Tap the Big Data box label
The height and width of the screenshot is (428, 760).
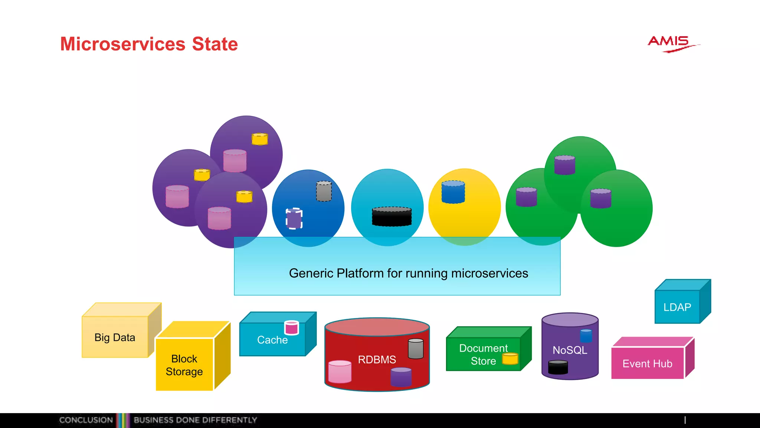click(x=115, y=337)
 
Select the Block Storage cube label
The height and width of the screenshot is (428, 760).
click(x=184, y=365)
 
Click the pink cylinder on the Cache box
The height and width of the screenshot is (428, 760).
click(x=291, y=328)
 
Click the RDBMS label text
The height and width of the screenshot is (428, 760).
click(x=377, y=360)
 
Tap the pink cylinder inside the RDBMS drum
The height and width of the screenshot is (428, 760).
click(x=340, y=372)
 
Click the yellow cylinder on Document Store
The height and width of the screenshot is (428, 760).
click(x=510, y=359)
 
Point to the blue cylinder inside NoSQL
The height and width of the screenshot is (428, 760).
click(x=586, y=336)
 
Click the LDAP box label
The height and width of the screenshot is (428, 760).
click(x=677, y=307)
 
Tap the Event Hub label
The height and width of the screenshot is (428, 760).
click(x=647, y=364)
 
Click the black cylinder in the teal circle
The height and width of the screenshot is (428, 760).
click(x=392, y=217)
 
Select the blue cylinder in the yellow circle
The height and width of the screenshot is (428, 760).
click(x=453, y=192)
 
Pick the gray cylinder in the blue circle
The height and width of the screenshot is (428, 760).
click(x=324, y=191)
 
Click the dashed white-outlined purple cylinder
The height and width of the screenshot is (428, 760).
click(x=294, y=218)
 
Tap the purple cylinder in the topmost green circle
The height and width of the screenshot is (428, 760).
click(x=564, y=165)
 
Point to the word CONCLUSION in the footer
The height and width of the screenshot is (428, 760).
click(x=86, y=420)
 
